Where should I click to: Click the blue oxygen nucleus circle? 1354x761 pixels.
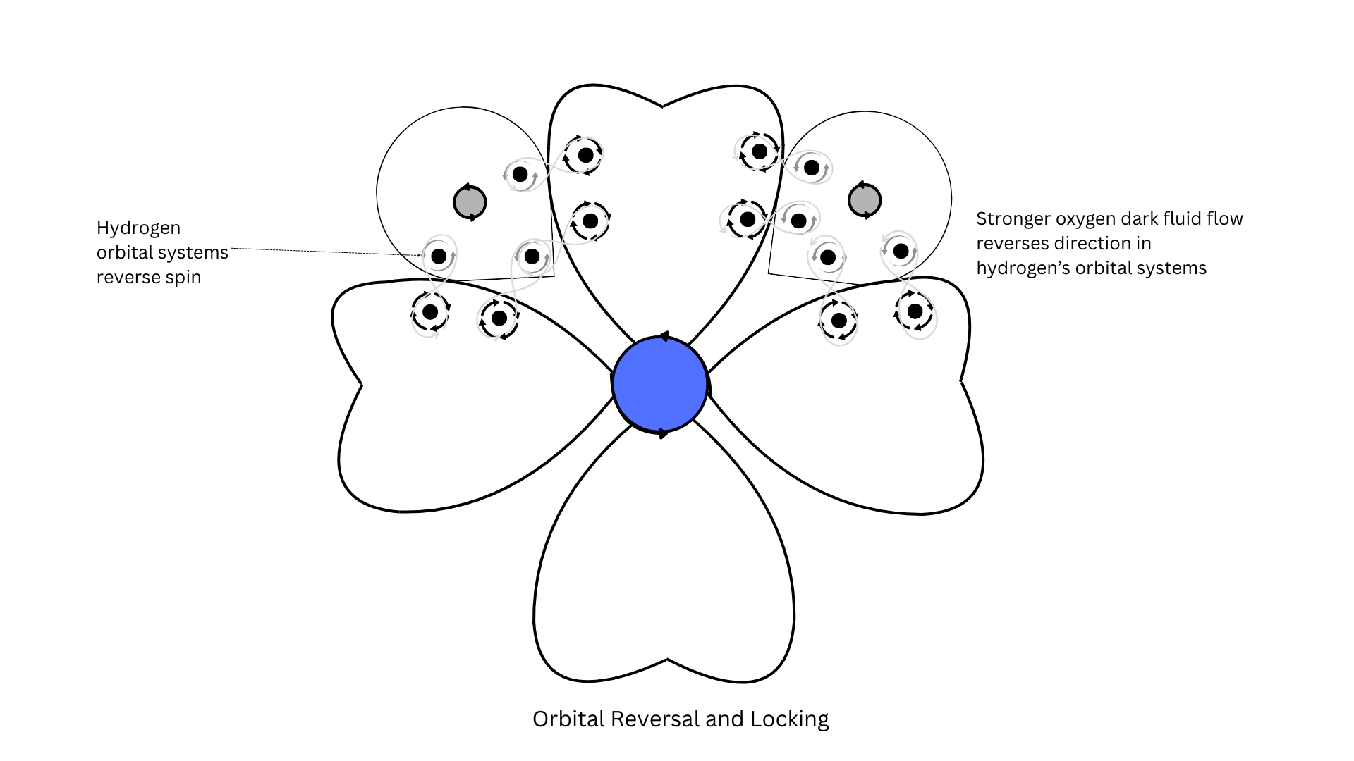point(660,384)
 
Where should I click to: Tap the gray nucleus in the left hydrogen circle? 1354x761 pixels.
point(470,202)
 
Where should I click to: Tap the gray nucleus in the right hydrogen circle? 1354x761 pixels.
point(865,200)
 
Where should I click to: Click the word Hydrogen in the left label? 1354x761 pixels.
point(138,228)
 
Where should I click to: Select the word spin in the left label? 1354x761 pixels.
point(183,278)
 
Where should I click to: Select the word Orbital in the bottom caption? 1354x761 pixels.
point(568,719)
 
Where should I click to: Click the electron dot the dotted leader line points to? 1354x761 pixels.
point(439,256)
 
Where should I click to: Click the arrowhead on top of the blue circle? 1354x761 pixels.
point(663,337)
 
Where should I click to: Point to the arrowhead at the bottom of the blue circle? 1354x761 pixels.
point(663,433)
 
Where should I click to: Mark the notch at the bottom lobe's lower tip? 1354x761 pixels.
point(667,660)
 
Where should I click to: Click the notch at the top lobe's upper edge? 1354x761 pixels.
point(663,107)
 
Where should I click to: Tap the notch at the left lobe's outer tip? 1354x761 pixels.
point(361,384)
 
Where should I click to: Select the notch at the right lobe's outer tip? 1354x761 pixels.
point(961,381)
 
